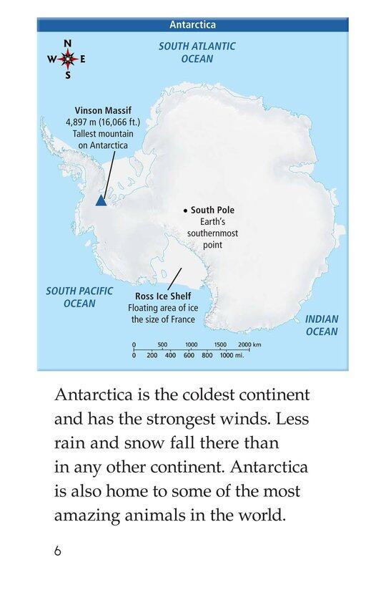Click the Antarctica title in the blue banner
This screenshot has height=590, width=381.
pyautogui.click(x=192, y=24)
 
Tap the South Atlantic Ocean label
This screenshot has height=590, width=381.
pyautogui.click(x=197, y=52)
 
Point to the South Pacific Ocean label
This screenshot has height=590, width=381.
pyautogui.click(x=70, y=297)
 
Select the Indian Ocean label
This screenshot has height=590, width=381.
pyautogui.click(x=322, y=325)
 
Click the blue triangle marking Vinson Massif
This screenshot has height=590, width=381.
pyautogui.click(x=101, y=201)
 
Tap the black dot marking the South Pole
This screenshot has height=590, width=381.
pyautogui.click(x=184, y=211)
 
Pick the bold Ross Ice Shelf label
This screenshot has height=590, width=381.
pyautogui.click(x=163, y=296)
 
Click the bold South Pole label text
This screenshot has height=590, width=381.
pyautogui.click(x=212, y=211)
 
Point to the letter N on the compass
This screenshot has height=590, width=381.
pyautogui.click(x=67, y=44)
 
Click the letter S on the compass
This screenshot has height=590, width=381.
pyautogui.click(x=68, y=75)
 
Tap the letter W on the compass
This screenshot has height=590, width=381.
pyautogui.click(x=51, y=60)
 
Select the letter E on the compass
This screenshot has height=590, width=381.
pyautogui.click(x=83, y=60)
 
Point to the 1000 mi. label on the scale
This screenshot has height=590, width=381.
pyautogui.click(x=232, y=355)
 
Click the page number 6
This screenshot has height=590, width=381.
pyautogui.click(x=58, y=551)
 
